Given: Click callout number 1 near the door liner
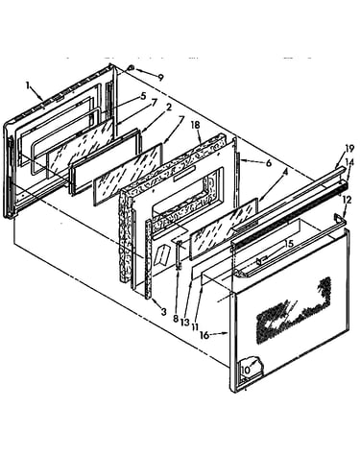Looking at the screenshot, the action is [x=28, y=85].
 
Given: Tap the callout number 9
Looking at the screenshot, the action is [x=160, y=77].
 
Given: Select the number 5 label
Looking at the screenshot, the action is [x=143, y=96].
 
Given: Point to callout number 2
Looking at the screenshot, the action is [x=169, y=108].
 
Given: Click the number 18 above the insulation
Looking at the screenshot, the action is [x=195, y=125].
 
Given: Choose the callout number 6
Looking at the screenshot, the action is [x=268, y=163].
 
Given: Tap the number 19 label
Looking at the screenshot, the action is [x=349, y=149].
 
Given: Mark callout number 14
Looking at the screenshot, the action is [x=349, y=162].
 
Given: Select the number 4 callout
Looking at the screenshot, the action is [x=285, y=172].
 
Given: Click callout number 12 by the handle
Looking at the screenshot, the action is [x=348, y=200].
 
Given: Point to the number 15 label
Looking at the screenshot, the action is [x=289, y=244].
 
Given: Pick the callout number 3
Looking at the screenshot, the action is [x=163, y=311].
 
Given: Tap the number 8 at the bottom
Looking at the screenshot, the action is [x=176, y=319].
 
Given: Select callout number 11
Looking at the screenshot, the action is [x=195, y=326].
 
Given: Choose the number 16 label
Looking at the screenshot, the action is [x=204, y=335].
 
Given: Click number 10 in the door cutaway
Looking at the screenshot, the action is [x=246, y=370].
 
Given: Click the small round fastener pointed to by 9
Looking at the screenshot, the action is [x=131, y=68].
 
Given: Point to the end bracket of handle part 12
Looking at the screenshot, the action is [x=338, y=218].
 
